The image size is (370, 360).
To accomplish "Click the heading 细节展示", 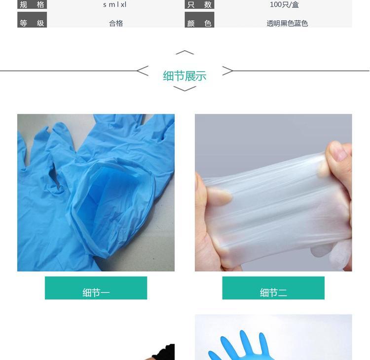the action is click(x=185, y=76).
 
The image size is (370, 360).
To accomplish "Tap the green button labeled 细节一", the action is click(x=96, y=288).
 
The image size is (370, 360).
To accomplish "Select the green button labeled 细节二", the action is click(x=273, y=288).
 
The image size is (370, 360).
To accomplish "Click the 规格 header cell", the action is click(x=32, y=4).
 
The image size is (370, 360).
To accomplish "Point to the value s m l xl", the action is click(x=115, y=4).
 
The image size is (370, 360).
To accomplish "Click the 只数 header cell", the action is click(x=199, y=4).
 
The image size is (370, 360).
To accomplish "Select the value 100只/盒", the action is click(x=284, y=4).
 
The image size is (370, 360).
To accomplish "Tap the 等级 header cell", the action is click(x=32, y=20).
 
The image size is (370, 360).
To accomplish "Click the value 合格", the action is click(x=116, y=23).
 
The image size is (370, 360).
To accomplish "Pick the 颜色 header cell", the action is click(x=199, y=20).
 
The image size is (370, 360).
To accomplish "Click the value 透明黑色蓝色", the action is click(x=287, y=23).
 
